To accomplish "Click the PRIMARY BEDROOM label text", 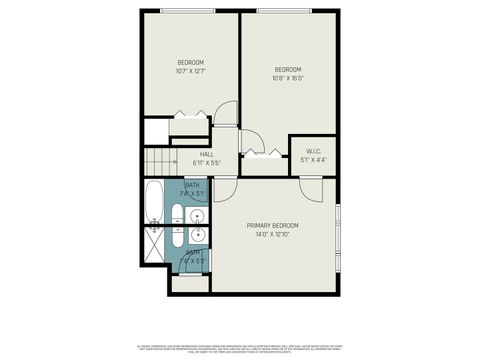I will (272, 225).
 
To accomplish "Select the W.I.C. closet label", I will (313, 152).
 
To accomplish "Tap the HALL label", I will (206, 154).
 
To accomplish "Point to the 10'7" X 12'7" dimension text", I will (190, 71).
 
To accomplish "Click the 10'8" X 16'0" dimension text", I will (288, 77).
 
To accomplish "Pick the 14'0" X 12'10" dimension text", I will (272, 234).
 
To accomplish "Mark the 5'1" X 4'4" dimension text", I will (313, 160).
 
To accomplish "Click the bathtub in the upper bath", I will (152, 203).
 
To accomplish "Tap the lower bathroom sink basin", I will (197, 236).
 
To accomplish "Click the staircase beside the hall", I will (160, 159).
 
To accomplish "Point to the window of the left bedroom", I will (189, 11).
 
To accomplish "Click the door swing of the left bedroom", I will (225, 117).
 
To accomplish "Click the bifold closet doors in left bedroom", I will (188, 119).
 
